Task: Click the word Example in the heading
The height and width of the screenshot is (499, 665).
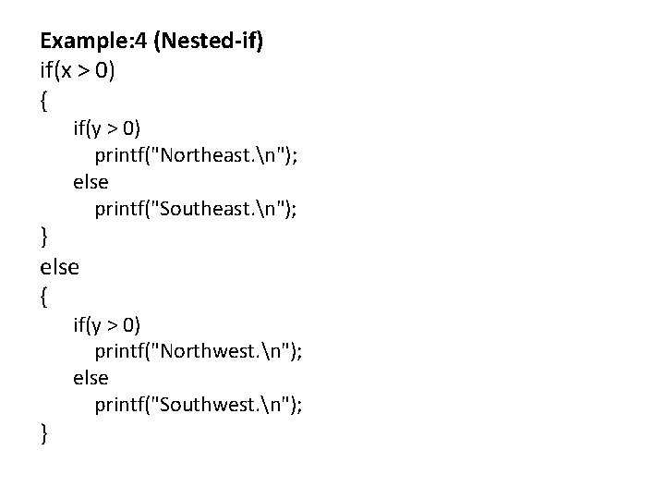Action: click(80, 42)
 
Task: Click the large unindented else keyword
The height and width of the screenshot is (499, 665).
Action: click(60, 267)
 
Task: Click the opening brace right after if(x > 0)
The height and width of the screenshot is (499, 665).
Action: click(44, 98)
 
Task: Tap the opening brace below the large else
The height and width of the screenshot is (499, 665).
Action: click(44, 296)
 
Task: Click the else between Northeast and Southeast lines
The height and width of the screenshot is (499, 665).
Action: click(91, 181)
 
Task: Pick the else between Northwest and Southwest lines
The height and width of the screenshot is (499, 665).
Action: click(91, 379)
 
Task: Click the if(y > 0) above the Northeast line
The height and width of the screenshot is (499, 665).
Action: click(107, 126)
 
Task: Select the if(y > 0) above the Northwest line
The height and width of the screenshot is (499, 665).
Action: click(107, 323)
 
